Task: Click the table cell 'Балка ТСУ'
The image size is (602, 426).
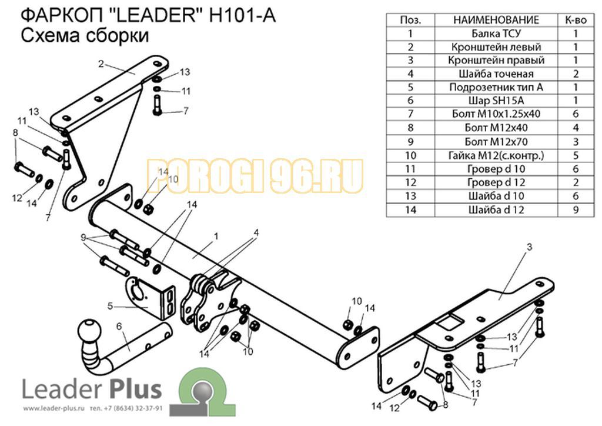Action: click(496, 34)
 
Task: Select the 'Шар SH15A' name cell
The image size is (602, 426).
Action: click(496, 101)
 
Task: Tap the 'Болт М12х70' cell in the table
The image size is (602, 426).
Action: click(496, 142)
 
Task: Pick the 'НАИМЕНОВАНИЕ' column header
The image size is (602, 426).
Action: click(496, 20)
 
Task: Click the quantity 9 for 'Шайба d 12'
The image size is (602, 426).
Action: click(576, 209)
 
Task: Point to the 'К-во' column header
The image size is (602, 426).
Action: click(576, 20)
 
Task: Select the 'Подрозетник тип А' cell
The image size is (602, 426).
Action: click(496, 87)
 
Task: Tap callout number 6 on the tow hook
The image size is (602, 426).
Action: click(119, 327)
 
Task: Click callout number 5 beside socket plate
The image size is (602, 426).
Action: click(111, 306)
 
